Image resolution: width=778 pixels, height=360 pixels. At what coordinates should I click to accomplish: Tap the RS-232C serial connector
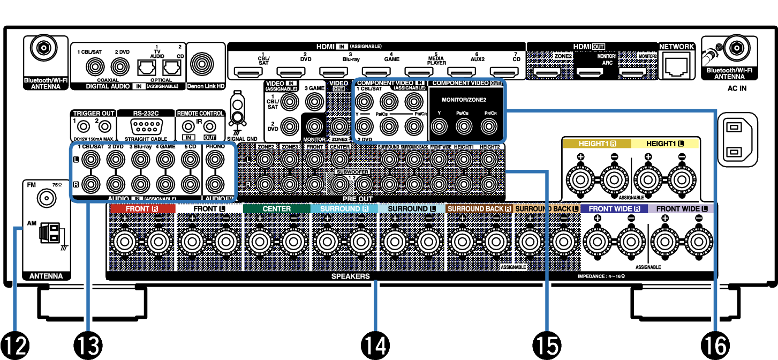(146, 127)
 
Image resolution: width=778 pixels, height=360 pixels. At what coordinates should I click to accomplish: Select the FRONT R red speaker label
(142, 208)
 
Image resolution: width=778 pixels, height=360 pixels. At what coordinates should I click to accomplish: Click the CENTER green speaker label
(276, 208)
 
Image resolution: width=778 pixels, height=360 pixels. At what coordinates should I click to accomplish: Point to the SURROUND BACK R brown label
(479, 208)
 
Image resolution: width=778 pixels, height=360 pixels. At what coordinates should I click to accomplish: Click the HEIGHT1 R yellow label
(597, 144)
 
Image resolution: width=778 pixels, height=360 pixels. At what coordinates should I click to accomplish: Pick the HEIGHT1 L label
(665, 144)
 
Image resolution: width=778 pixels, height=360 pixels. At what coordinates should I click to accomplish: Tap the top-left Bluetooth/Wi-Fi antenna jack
(43, 49)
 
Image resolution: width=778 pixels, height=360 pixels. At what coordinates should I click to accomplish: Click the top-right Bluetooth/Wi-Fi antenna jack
(736, 49)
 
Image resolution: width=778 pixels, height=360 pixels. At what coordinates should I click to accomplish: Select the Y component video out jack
(439, 126)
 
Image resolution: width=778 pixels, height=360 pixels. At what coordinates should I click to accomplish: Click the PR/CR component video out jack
(488, 126)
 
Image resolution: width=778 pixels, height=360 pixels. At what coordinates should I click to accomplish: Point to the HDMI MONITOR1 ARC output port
(590, 72)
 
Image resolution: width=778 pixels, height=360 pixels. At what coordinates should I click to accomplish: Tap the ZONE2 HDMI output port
(547, 72)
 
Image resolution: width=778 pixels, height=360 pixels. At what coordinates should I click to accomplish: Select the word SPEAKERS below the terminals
(350, 276)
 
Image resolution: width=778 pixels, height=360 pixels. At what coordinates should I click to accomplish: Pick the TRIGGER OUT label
(94, 114)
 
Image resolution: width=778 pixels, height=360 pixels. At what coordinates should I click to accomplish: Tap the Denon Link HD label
(206, 86)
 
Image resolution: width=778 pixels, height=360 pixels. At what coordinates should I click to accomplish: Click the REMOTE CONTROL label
(200, 114)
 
